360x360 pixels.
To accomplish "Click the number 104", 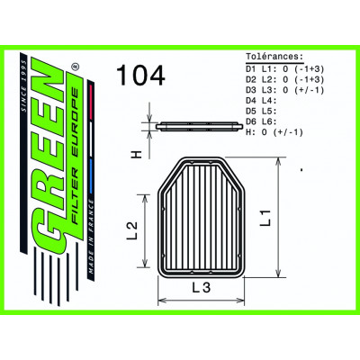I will point(141,76).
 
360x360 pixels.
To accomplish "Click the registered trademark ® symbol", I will point(76,67).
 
